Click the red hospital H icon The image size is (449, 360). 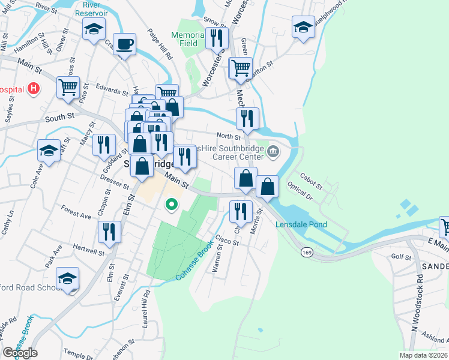point(34,89)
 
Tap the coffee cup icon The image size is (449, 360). point(124,44)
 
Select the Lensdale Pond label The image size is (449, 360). point(301,225)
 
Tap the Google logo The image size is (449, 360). point(20,352)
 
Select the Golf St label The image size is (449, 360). point(400,257)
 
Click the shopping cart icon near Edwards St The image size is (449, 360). point(68,87)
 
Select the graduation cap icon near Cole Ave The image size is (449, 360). point(49,150)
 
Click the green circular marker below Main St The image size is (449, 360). point(172,205)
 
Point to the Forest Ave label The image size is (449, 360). point(76,212)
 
